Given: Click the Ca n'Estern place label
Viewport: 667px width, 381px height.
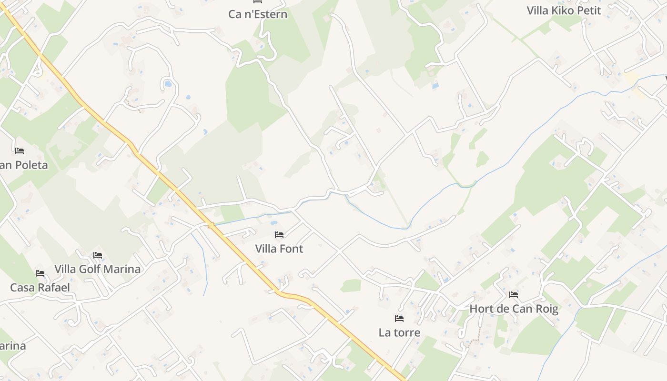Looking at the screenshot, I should pyautogui.click(x=258, y=14).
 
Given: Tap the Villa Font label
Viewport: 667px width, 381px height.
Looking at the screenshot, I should pyautogui.click(x=279, y=249).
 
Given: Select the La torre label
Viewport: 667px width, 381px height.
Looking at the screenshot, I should pyautogui.click(x=399, y=332).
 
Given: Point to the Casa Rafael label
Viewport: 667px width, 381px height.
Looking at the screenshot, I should pyautogui.click(x=40, y=288).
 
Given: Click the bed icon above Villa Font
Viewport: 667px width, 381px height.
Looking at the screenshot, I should pyautogui.click(x=279, y=235).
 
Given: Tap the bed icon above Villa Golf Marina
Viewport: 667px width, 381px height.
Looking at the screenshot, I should pyautogui.click(x=98, y=255).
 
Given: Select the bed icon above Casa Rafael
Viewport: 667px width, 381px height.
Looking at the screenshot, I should pyautogui.click(x=40, y=273).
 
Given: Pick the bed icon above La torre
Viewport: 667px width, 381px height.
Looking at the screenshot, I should pyautogui.click(x=399, y=318).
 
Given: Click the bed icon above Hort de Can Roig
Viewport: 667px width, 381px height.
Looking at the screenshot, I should pyautogui.click(x=514, y=295).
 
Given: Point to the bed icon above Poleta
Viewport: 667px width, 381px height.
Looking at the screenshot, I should pyautogui.click(x=20, y=151).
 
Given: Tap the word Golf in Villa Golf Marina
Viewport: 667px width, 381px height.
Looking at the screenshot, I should pyautogui.click(x=90, y=269).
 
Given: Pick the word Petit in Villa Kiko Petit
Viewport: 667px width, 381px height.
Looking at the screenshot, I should pyautogui.click(x=589, y=10).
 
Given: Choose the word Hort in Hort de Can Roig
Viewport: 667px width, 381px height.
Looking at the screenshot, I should pyautogui.click(x=480, y=309).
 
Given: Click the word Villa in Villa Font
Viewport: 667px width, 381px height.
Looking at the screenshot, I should pyautogui.click(x=266, y=249).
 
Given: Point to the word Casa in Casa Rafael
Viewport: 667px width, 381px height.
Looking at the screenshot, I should pyautogui.click(x=22, y=288).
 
